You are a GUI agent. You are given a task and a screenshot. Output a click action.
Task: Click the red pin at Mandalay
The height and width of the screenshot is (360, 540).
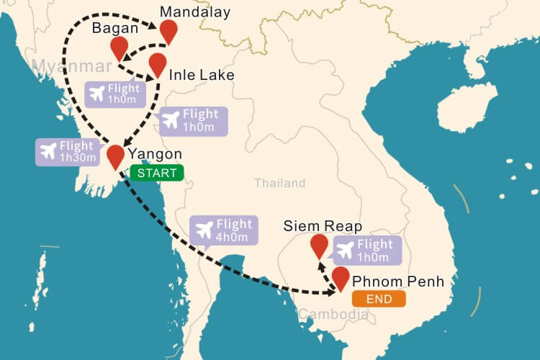168,30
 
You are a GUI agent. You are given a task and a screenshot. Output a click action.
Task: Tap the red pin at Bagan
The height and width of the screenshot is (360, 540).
120,48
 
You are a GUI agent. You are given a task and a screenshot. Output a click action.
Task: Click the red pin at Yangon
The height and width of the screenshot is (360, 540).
115,155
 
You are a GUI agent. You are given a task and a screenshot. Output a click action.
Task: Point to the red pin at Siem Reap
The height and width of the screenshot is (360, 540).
319,245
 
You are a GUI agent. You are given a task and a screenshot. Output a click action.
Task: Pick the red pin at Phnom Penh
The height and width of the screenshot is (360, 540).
341,276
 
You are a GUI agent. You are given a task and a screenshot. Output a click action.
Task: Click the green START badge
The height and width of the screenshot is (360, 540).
157,173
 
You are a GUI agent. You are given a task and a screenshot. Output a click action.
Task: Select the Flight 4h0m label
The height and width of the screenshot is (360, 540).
223,231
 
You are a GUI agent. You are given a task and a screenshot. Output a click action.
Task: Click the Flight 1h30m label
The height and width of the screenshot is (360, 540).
68,151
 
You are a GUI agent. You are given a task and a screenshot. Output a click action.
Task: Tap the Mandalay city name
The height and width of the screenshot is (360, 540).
195,12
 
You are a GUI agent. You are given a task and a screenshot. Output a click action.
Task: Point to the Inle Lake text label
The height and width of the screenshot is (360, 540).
202,75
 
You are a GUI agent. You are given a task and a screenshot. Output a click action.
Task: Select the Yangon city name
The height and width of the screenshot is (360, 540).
154,154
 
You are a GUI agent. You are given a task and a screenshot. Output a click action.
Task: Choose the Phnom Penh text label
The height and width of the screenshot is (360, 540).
403,281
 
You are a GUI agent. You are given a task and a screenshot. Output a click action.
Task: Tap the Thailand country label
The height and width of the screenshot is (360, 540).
279,184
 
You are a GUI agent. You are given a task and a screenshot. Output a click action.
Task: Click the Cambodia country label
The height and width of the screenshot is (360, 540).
333,314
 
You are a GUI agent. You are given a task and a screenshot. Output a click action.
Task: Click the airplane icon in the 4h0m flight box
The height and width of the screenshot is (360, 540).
205,231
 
